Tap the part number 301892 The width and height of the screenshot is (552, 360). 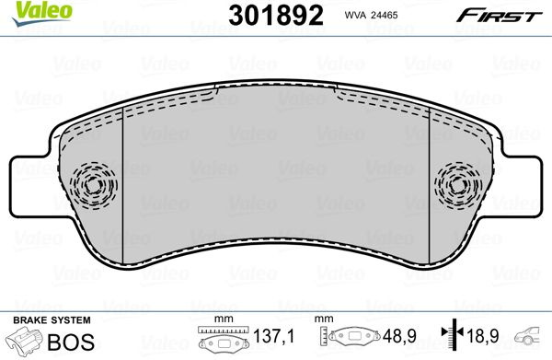pos(276,15)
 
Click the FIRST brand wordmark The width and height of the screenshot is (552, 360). pos(500,16)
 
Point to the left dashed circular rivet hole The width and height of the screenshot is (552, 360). pos(93,185)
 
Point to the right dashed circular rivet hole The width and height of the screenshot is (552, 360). pos(458,185)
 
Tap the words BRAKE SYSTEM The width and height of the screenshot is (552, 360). pos(52,320)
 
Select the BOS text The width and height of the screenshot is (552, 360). pos(71,342)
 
